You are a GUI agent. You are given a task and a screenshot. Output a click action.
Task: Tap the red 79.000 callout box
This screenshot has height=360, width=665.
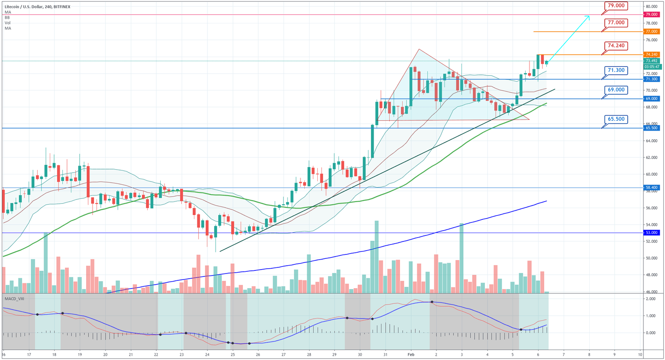[x=616, y=6]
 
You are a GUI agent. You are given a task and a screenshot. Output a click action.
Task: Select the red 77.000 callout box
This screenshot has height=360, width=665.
[x=616, y=22]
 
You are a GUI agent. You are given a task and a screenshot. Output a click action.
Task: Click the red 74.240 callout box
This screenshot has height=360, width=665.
[x=616, y=45]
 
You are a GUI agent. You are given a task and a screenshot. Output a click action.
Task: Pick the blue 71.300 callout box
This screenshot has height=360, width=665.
[x=616, y=70]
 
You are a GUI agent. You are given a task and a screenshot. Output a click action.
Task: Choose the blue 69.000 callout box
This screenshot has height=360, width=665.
[x=616, y=90]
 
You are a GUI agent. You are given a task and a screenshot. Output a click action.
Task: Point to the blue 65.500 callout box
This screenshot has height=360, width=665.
[x=616, y=119]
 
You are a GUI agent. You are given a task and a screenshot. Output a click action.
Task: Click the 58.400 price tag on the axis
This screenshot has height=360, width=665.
[x=652, y=188]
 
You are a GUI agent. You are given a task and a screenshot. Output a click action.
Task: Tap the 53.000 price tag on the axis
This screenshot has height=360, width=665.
[x=652, y=233]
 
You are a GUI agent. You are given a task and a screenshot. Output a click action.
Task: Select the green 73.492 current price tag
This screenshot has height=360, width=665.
[x=652, y=61]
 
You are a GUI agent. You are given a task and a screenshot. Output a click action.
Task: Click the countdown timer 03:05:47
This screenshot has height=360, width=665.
[x=652, y=67]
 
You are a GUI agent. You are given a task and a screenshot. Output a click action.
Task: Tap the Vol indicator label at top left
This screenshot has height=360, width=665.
[x=7, y=23]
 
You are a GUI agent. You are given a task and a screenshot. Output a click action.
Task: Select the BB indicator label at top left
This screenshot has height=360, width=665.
[x=7, y=18]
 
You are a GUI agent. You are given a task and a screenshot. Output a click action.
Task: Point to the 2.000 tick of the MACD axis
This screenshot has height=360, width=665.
[x=652, y=299]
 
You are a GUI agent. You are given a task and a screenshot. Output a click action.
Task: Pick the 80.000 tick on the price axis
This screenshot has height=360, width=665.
[x=652, y=6]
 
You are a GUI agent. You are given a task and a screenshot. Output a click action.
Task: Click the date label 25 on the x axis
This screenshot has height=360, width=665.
[x=232, y=354]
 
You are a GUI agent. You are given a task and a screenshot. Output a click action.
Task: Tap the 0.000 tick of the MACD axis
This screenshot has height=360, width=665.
[x=652, y=332]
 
